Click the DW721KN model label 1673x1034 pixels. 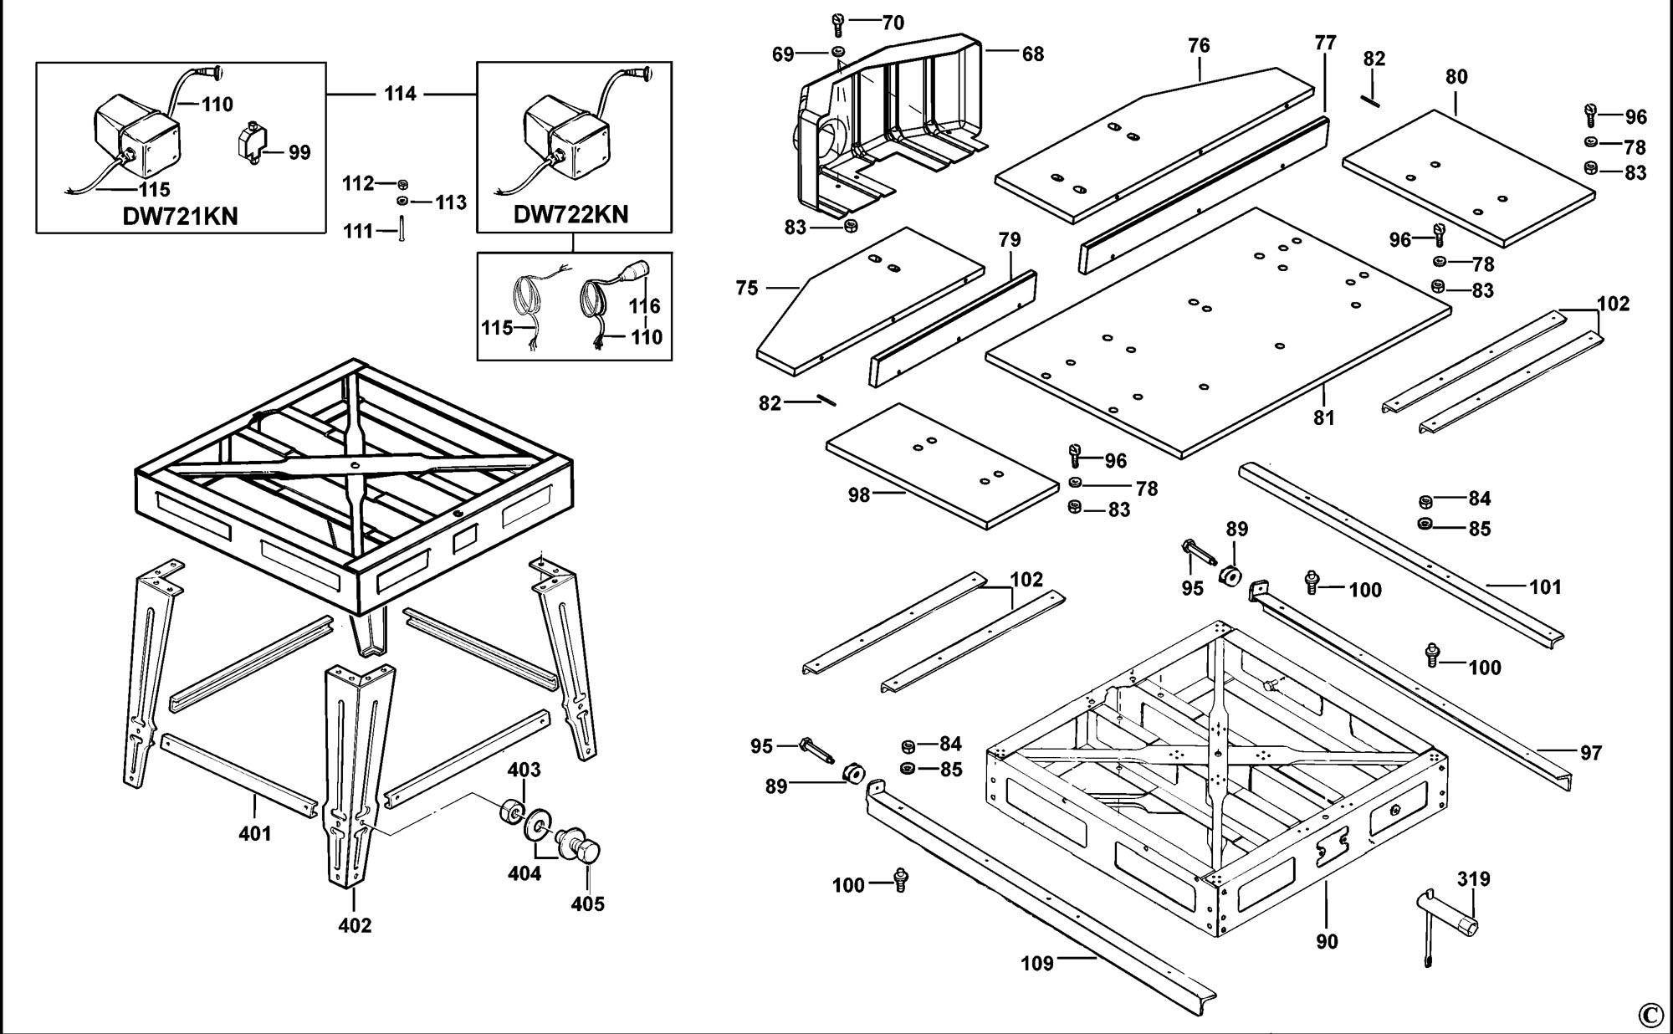pyautogui.click(x=180, y=216)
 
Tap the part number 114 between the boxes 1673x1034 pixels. pyautogui.click(x=400, y=94)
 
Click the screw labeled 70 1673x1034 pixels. pyautogui.click(x=840, y=22)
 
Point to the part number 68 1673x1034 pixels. pyautogui.click(x=1033, y=54)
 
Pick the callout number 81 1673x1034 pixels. pyautogui.click(x=1323, y=417)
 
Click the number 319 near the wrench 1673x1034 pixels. pyautogui.click(x=1473, y=879)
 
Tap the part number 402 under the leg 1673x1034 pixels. pyautogui.click(x=355, y=925)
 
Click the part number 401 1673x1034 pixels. pyautogui.click(x=255, y=833)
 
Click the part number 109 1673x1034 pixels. pyautogui.click(x=1037, y=964)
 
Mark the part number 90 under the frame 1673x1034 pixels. pyautogui.click(x=1327, y=942)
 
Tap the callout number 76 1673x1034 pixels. pyautogui.click(x=1199, y=46)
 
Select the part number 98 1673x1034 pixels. pyautogui.click(x=859, y=495)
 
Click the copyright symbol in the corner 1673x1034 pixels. pyautogui.click(x=1649, y=1015)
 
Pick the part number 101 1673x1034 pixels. pyautogui.click(x=1545, y=587)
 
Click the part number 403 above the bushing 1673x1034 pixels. pyautogui.click(x=524, y=770)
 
